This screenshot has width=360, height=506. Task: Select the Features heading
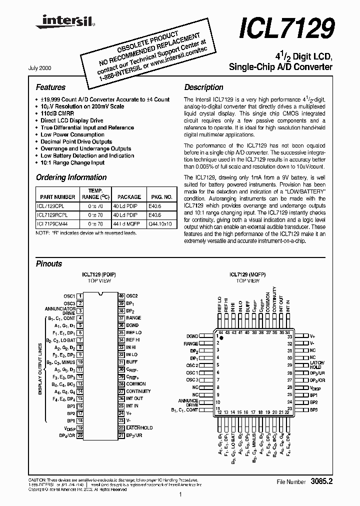[x=50, y=87]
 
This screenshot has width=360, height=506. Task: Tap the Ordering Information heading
[x=71, y=177]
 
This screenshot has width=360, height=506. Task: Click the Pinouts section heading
[x=49, y=263]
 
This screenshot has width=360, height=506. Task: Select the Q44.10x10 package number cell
[x=160, y=223]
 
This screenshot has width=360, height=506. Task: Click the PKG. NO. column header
[x=161, y=197]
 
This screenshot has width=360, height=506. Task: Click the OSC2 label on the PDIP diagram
[x=132, y=295]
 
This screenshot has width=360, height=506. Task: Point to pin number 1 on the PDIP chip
[x=80, y=296]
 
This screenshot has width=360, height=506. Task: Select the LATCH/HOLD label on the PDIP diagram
[x=139, y=428]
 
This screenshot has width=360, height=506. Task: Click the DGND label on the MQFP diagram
[x=192, y=336]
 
